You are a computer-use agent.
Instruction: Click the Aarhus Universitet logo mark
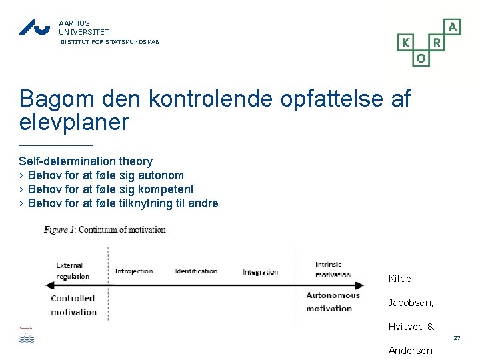click(34, 27)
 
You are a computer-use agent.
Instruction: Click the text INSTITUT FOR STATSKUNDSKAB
click(109, 42)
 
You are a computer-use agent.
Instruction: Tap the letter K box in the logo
click(405, 43)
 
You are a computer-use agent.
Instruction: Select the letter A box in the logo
click(453, 27)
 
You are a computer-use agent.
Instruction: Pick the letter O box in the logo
click(421, 59)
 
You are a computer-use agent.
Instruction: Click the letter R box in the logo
click(437, 43)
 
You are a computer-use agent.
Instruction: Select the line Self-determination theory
click(85, 161)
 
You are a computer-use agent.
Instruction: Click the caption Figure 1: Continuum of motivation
click(105, 230)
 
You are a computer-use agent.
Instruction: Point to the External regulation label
click(73, 271)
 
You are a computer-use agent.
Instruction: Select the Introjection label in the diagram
click(134, 271)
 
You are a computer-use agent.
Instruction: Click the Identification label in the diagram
click(196, 271)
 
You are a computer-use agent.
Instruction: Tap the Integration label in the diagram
click(260, 272)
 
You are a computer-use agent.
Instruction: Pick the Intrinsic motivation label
click(333, 269)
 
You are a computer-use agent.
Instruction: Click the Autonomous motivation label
click(333, 301)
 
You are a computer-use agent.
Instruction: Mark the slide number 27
click(457, 339)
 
